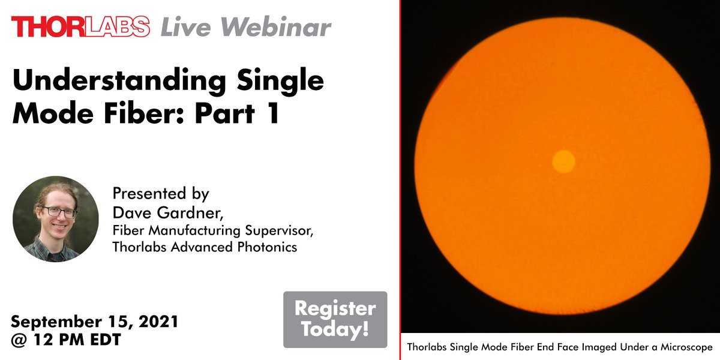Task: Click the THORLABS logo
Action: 80,26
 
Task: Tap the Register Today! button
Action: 335,319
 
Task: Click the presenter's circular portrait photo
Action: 56,219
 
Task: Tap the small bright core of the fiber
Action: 563,161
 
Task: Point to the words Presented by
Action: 160,194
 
